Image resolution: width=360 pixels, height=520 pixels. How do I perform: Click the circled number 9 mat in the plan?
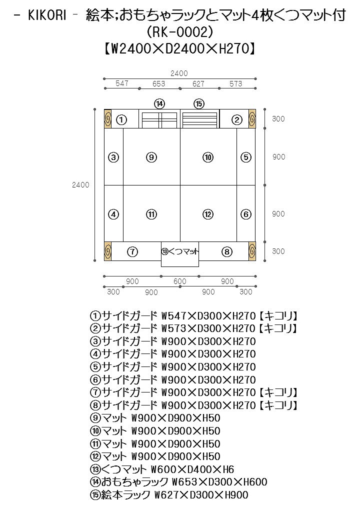click(152, 157)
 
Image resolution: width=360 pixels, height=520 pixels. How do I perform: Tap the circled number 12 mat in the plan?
click(208, 214)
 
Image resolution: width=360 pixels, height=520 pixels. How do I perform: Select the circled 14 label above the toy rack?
click(159, 103)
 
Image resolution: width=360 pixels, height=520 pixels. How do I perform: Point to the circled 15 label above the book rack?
click(199, 103)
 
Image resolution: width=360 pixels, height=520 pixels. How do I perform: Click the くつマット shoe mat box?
click(180, 251)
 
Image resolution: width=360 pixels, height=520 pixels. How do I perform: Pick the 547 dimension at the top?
click(122, 84)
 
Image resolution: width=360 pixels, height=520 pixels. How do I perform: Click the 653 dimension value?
click(158, 84)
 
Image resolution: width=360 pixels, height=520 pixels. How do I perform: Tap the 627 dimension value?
click(199, 84)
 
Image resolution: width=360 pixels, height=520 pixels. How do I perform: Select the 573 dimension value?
click(235, 84)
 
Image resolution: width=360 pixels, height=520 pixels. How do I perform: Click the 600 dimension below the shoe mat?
click(180, 281)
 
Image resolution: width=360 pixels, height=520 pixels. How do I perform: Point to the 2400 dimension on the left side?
click(80, 184)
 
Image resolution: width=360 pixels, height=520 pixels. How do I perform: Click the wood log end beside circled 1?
click(107, 119)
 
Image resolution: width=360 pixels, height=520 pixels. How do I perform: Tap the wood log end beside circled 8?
click(252, 251)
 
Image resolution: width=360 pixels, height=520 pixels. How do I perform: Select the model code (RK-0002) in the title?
click(180, 32)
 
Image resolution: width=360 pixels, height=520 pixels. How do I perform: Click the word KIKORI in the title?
click(47, 15)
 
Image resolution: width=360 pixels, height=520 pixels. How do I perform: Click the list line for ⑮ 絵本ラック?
click(169, 495)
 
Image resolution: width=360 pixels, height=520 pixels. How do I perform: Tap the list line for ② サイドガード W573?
click(194, 328)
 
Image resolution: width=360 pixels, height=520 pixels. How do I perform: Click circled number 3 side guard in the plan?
click(114, 157)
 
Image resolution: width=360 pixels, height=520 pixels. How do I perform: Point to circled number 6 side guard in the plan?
click(245, 214)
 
